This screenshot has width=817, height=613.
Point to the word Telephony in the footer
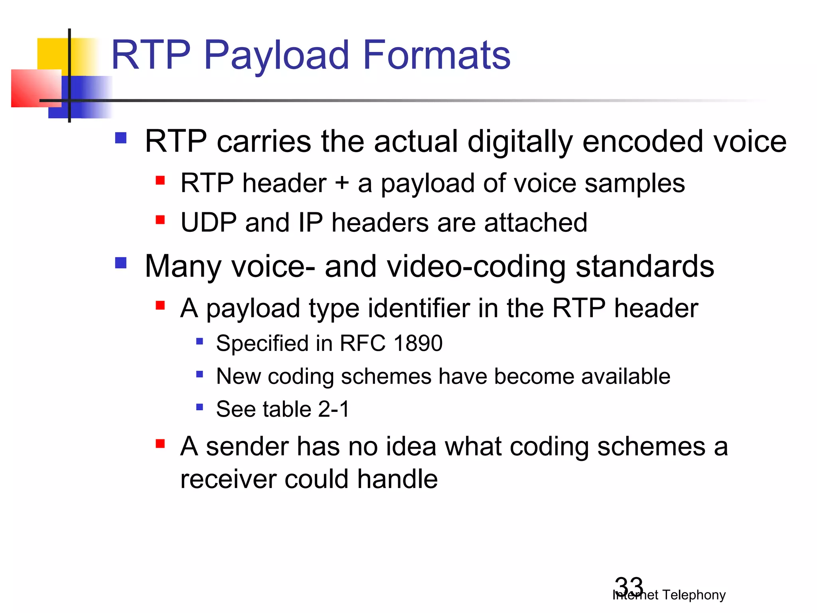(x=694, y=595)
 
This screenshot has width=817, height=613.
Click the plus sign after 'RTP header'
(x=342, y=184)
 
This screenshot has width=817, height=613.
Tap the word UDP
(x=208, y=222)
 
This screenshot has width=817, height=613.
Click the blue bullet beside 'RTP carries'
(x=120, y=138)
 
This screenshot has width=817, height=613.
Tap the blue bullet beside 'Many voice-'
(x=120, y=263)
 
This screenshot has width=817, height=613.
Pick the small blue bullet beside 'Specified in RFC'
(x=199, y=341)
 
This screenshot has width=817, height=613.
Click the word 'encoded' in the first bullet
(x=642, y=142)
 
